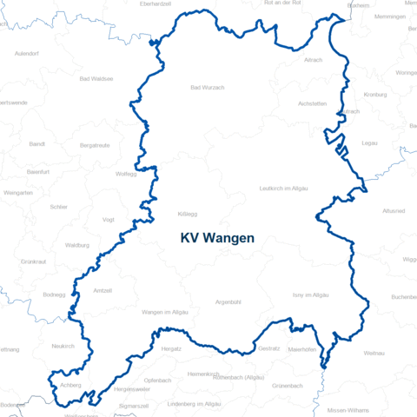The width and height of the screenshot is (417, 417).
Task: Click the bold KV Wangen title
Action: (x=217, y=237)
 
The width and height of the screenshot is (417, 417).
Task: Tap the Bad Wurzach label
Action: (x=208, y=88)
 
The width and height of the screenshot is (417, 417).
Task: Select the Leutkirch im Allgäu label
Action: (x=283, y=189)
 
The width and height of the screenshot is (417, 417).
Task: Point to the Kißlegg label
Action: (x=188, y=213)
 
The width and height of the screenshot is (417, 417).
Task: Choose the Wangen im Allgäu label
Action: (x=165, y=311)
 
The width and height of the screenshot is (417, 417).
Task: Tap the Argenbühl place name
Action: (x=228, y=302)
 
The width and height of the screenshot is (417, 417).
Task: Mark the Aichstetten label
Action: (x=312, y=103)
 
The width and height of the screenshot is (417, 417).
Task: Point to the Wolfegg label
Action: (x=126, y=174)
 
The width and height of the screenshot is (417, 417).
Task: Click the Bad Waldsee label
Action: (x=96, y=79)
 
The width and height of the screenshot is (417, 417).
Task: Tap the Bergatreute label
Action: (x=95, y=145)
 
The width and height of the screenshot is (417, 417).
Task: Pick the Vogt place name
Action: (x=109, y=220)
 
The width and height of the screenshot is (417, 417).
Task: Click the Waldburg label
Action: (x=77, y=245)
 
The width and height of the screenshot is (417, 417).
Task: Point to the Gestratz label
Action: (x=269, y=347)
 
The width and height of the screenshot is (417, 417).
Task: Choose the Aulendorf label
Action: (x=27, y=54)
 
